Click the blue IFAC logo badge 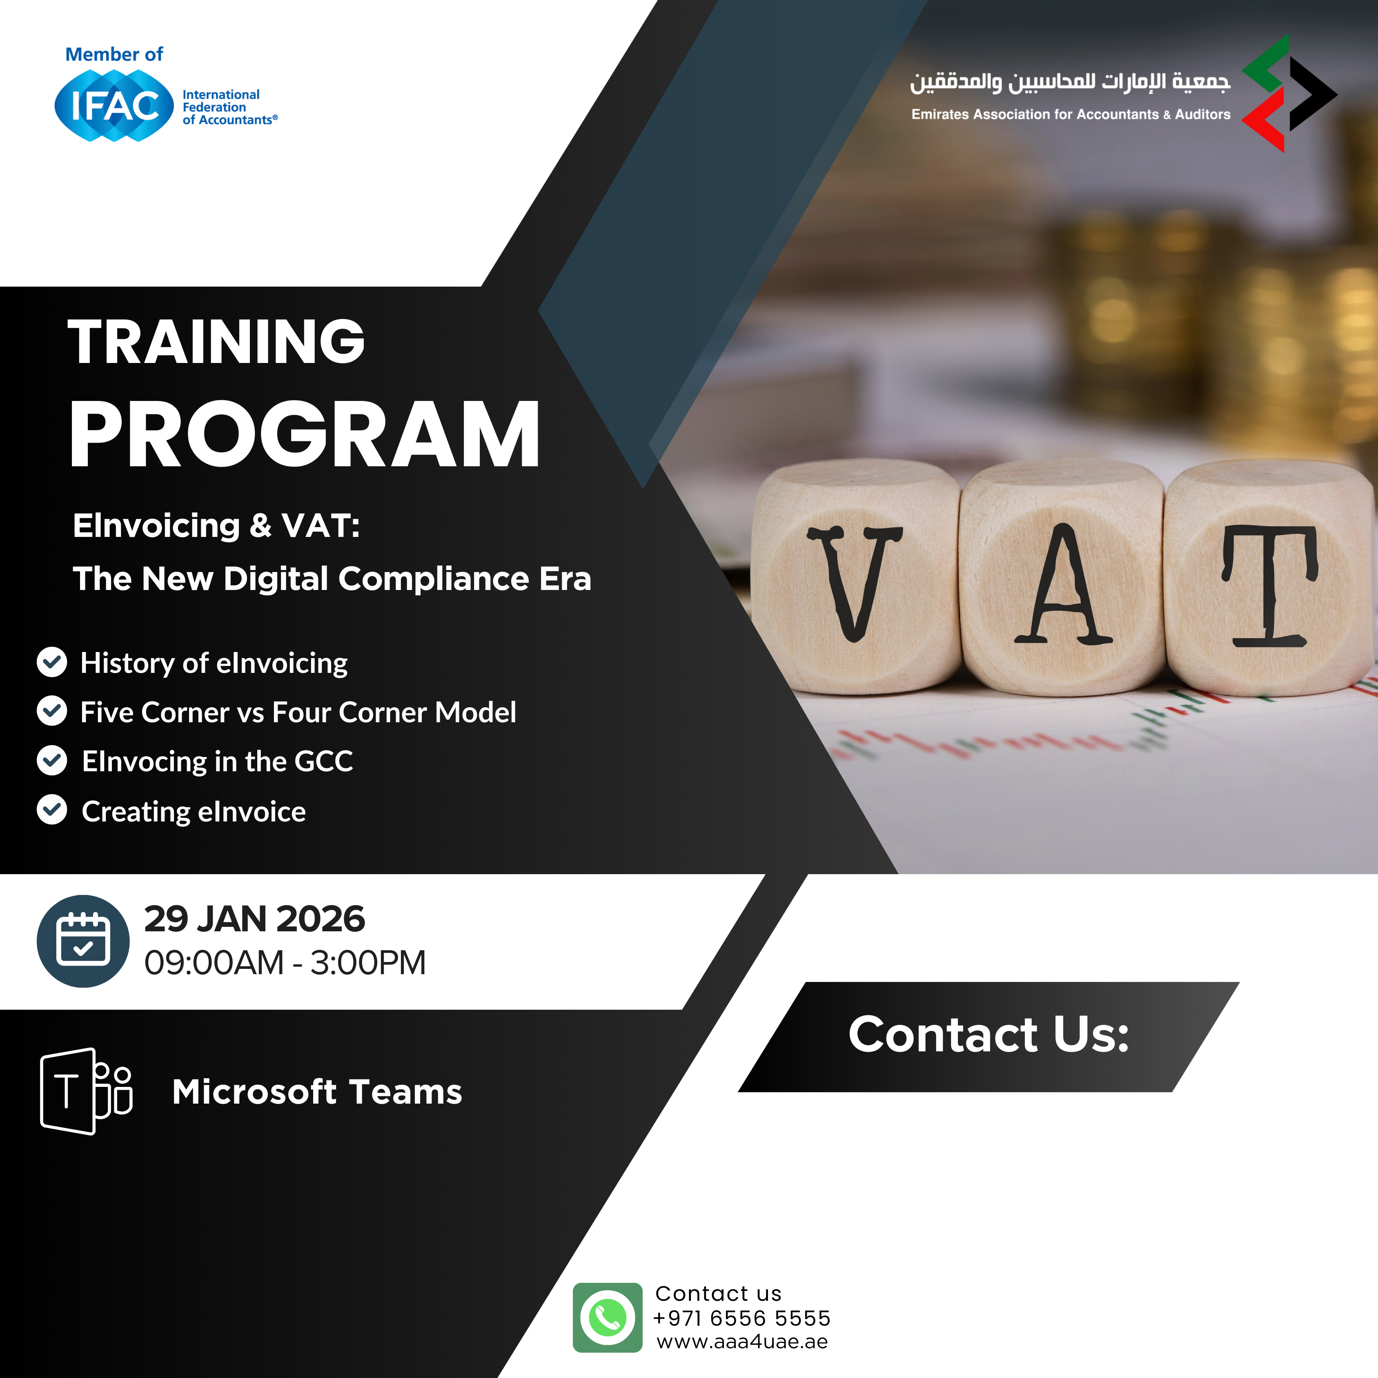[x=114, y=106]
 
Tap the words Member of [x=114, y=54]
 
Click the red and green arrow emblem [x=1289, y=93]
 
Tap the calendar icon [x=83, y=941]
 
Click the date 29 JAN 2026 [x=255, y=919]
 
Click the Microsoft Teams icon [x=86, y=1091]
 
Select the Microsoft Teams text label [x=317, y=1092]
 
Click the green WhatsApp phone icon [x=608, y=1318]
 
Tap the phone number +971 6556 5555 [x=742, y=1318]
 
